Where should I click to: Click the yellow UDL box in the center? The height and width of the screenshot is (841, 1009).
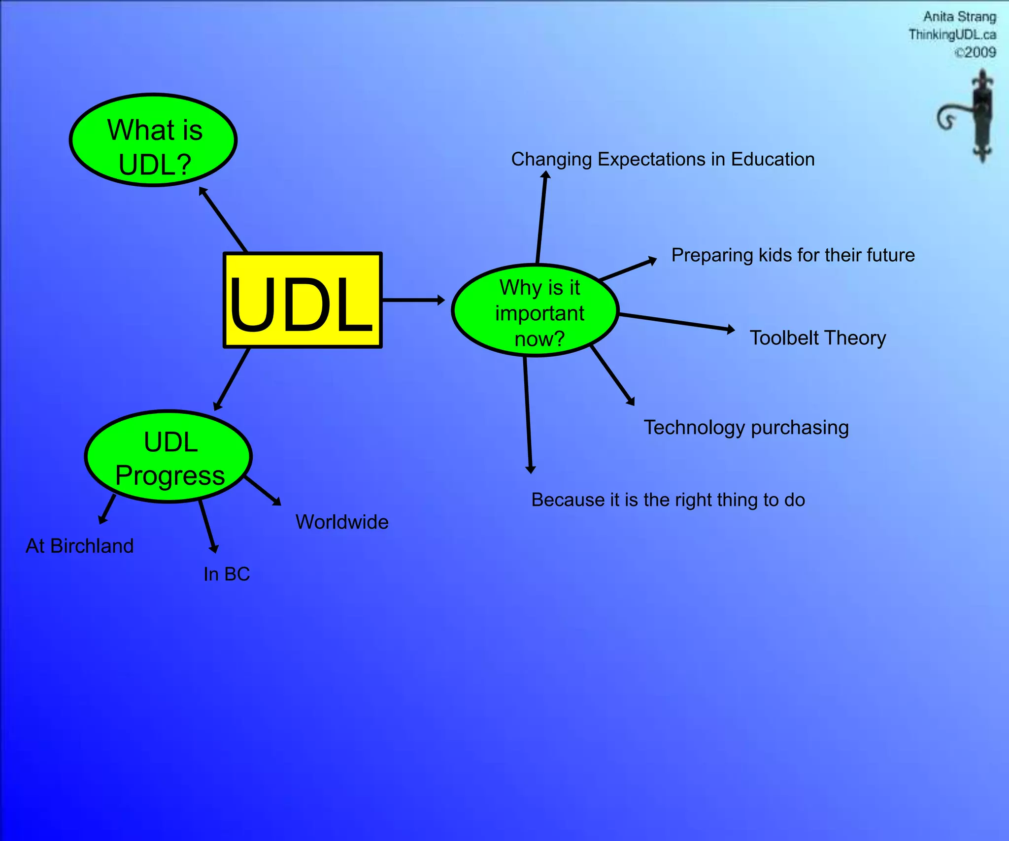click(x=303, y=301)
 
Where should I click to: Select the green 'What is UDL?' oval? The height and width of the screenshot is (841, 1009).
click(x=153, y=140)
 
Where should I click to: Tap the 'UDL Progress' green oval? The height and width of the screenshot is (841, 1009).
click(x=168, y=457)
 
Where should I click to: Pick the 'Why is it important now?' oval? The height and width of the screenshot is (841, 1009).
click(x=535, y=311)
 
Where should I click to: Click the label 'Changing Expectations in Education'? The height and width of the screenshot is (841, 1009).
click(x=663, y=160)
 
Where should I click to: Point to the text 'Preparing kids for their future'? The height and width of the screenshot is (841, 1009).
click(x=793, y=255)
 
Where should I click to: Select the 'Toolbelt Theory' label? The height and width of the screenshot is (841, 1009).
click(x=817, y=338)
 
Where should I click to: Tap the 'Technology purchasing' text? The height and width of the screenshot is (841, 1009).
click(x=746, y=428)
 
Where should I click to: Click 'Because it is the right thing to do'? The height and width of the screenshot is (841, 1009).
click(x=668, y=500)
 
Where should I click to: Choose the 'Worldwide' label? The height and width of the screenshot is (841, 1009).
click(x=342, y=522)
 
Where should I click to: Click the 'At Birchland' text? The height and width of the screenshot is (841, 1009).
click(x=80, y=546)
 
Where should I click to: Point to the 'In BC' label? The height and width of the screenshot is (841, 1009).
click(x=227, y=574)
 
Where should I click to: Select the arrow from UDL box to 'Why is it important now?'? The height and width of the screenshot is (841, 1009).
click(x=413, y=300)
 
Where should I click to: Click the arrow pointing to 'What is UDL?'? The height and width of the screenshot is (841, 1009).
click(x=223, y=219)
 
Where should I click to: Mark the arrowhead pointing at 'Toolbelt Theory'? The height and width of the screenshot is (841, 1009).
click(x=731, y=330)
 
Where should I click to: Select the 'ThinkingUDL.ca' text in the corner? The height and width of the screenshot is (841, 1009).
click(x=952, y=34)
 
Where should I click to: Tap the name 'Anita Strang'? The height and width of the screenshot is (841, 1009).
click(x=959, y=17)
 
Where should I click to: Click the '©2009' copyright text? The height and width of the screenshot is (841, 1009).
click(x=975, y=52)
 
